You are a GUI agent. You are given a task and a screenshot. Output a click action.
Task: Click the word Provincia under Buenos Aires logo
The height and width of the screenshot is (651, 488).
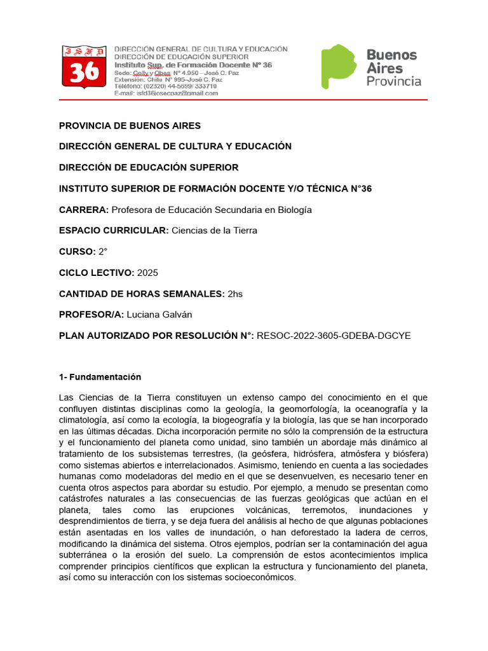(x=394, y=81)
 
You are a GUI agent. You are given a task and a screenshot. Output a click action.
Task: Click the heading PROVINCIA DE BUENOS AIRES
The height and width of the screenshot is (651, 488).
(x=130, y=125)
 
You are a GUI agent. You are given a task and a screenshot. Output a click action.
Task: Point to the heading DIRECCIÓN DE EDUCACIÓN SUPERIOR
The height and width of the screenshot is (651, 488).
(x=149, y=167)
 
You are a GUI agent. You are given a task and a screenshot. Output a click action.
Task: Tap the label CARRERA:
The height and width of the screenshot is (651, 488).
(x=84, y=210)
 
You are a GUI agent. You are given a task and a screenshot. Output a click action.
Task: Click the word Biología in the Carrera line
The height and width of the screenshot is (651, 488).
(x=293, y=210)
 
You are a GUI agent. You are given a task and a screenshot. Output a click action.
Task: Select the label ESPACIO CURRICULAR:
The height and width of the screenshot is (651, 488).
(x=114, y=231)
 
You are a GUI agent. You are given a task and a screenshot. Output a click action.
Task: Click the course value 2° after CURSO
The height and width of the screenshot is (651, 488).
(x=103, y=252)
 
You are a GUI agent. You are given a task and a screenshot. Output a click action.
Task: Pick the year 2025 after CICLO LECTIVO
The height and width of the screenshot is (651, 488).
(x=147, y=273)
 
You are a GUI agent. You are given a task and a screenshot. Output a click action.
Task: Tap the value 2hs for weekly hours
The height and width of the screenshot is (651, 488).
(x=235, y=294)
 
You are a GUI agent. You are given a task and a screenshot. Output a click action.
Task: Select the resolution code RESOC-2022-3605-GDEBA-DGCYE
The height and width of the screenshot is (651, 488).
(x=334, y=336)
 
